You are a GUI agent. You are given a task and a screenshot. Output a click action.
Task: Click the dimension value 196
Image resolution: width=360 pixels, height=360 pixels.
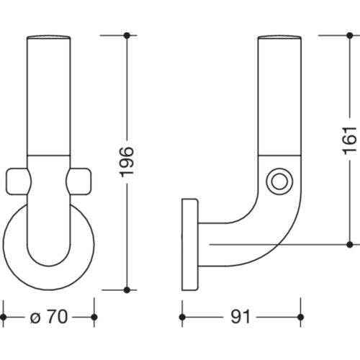(x=127, y=162)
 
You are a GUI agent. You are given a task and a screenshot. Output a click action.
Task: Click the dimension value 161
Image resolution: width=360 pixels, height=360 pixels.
(x=349, y=140)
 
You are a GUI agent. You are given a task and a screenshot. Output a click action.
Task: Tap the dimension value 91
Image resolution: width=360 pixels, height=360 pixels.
(x=240, y=317)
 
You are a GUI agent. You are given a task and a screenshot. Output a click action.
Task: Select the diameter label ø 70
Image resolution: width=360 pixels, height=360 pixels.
(x=49, y=317)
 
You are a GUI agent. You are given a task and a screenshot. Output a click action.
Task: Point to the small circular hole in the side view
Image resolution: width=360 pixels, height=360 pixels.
(x=279, y=181)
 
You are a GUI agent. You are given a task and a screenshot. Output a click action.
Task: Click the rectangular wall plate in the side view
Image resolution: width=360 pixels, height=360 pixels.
(x=190, y=244)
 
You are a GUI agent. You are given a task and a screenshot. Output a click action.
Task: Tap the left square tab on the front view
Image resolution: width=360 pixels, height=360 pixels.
(x=18, y=181)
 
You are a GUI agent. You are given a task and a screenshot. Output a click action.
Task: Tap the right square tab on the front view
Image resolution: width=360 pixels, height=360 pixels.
(x=78, y=181)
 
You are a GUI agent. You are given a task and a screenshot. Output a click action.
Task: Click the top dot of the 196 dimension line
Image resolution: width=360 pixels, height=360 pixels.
(x=127, y=36)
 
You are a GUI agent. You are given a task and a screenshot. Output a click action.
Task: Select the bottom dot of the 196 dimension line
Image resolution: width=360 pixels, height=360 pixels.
(x=127, y=290)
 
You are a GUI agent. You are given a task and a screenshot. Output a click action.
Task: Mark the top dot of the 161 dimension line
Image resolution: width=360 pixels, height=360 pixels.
(x=350, y=36)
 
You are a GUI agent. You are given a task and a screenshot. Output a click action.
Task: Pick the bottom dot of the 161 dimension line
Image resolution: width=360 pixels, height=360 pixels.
(x=350, y=245)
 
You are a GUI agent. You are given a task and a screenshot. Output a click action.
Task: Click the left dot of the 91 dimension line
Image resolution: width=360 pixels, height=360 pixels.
(x=182, y=317)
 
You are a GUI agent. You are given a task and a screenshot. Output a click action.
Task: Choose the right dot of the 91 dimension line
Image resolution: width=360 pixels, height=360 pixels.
(x=300, y=317)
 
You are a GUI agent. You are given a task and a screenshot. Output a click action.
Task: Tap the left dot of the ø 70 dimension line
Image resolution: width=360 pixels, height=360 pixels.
(x=3, y=317)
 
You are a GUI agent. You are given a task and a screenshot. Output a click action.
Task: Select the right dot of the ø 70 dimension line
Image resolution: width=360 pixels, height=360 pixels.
(x=94, y=317)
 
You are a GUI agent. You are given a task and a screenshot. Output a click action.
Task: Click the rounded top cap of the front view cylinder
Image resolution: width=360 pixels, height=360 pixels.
(x=49, y=37)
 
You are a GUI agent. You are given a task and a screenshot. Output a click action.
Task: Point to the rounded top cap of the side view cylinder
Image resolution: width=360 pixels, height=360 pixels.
(x=279, y=37)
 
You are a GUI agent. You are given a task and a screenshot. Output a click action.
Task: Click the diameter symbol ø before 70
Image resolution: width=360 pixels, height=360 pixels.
(x=35, y=318)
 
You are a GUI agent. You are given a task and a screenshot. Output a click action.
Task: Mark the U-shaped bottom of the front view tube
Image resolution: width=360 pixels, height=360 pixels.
(x=49, y=266)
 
